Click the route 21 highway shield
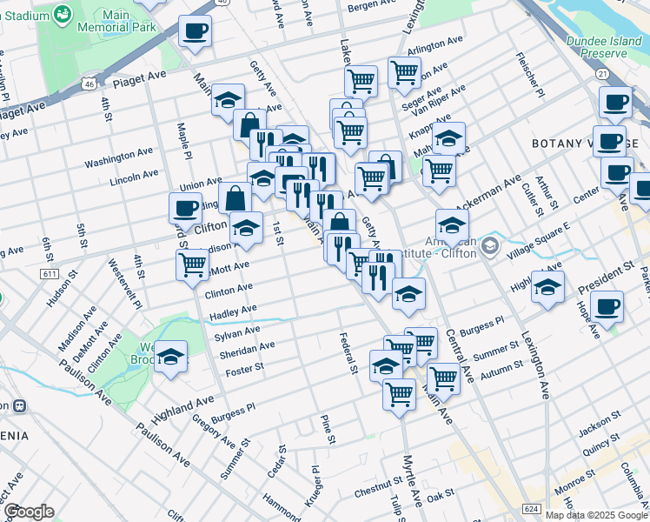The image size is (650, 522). pyautogui.click(x=602, y=74)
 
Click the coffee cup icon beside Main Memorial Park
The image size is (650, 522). pyautogui.click(x=195, y=32)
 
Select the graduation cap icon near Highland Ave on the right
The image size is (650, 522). pyautogui.click(x=547, y=286)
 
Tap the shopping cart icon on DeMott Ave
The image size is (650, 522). pyautogui.click(x=192, y=263)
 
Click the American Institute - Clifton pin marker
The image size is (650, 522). pyautogui.click(x=489, y=247)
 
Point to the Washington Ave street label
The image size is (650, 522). pyautogui.click(x=118, y=157)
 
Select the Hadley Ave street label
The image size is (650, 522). pyautogui.click(x=232, y=311)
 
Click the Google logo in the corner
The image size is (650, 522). pyautogui.click(x=29, y=512)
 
